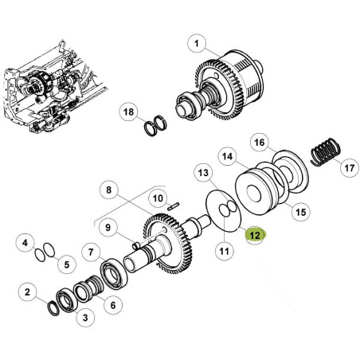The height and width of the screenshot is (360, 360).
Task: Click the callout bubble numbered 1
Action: point(197,44)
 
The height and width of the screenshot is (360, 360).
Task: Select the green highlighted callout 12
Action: point(255,235)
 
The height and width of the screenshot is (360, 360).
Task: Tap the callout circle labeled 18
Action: point(129,112)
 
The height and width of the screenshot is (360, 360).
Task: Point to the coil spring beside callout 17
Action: point(326,152)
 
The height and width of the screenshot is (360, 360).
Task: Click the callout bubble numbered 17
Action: point(350,168)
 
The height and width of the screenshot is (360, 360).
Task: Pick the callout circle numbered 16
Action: point(260,143)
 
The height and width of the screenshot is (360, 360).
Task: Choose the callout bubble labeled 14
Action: point(228,156)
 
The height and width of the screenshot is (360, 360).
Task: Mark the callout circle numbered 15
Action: point(301,212)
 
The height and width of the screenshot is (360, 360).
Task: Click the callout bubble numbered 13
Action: point(203,173)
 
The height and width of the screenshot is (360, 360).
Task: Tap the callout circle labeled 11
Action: point(225,251)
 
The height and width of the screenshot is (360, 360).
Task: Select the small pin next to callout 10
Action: point(174,206)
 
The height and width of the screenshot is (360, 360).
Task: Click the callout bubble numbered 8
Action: point(109,190)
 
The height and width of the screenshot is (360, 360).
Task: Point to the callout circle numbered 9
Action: point(108,228)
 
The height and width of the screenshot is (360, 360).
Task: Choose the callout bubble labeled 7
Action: point(91,252)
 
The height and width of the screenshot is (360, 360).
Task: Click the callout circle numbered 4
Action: point(25,243)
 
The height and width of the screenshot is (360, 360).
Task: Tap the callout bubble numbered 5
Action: point(67,264)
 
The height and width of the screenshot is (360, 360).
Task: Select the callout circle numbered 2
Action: point(28,292)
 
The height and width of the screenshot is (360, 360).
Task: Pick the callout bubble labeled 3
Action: point(85,318)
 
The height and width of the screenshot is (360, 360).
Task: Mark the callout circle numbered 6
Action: point(113,305)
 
